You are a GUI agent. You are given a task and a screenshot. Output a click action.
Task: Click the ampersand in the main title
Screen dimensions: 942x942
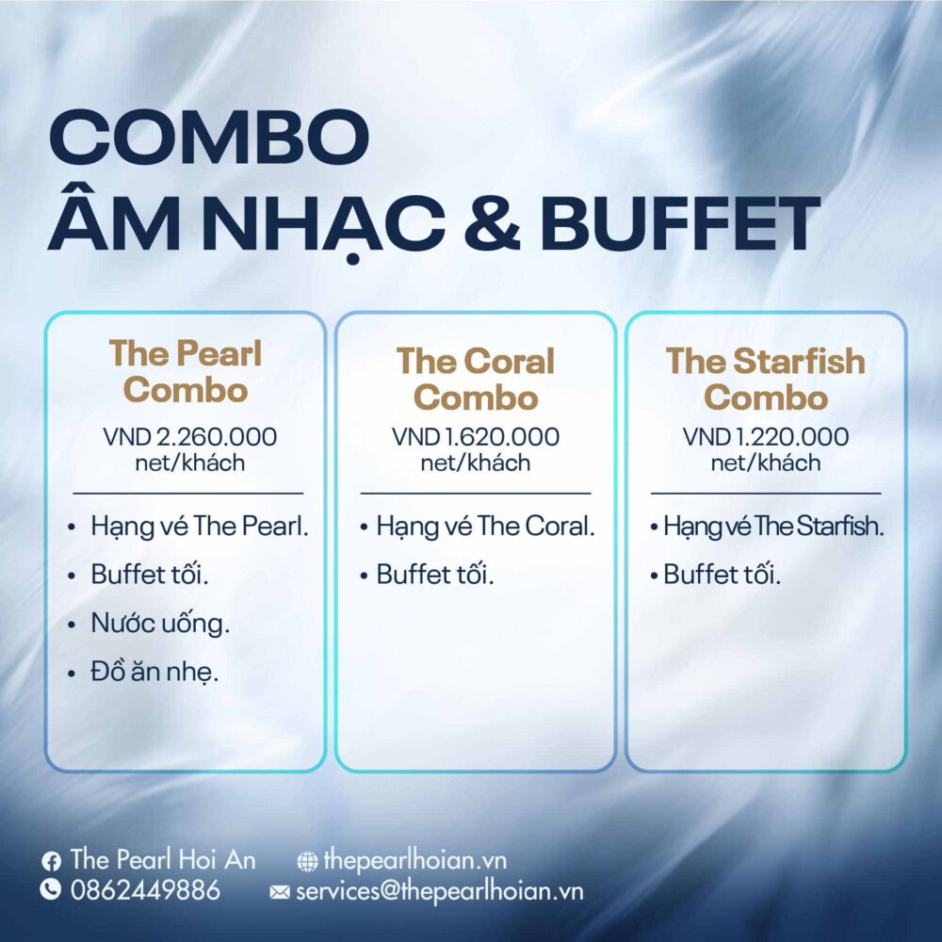(x=493, y=223)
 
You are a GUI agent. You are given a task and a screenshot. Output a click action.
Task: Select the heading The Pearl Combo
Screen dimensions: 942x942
(x=186, y=371)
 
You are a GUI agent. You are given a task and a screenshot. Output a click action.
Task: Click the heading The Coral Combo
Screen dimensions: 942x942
(x=476, y=379)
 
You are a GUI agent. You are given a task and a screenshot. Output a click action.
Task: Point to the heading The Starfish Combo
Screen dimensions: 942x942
(x=765, y=379)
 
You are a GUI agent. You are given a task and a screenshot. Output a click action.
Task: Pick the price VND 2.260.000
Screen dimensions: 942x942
(x=190, y=437)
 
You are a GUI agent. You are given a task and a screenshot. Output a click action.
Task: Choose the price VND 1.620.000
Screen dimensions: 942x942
(x=476, y=437)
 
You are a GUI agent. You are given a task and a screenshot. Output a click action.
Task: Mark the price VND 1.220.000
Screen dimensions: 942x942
(x=765, y=437)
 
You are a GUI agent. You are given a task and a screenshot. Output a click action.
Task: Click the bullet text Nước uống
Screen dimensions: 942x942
(x=160, y=623)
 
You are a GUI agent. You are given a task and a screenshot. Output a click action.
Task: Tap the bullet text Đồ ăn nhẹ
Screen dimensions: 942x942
(x=154, y=672)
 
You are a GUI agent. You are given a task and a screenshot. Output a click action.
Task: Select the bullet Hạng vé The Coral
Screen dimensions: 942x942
(x=485, y=527)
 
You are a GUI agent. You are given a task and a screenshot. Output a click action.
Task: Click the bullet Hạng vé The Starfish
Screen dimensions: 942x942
(x=773, y=527)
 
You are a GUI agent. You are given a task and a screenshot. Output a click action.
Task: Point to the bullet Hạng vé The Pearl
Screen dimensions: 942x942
(x=200, y=527)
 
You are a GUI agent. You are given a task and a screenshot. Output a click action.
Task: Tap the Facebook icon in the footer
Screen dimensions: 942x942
(x=51, y=862)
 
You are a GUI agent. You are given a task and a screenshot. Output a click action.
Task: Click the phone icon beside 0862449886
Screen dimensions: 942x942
(x=51, y=889)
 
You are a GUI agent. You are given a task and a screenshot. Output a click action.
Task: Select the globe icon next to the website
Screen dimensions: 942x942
(x=308, y=862)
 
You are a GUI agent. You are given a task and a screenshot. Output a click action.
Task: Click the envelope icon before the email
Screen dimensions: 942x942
(x=280, y=892)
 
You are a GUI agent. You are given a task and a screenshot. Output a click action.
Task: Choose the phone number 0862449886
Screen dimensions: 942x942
(x=145, y=890)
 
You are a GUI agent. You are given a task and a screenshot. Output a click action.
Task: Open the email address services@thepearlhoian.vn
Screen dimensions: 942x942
(x=440, y=891)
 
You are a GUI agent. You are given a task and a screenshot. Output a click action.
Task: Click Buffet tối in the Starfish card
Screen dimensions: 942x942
(x=722, y=575)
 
